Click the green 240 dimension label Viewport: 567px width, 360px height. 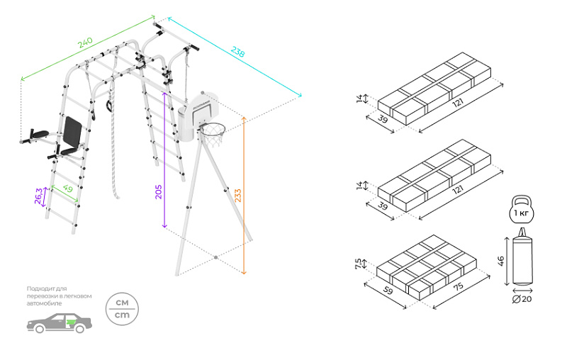pyautogui.click(x=85, y=43)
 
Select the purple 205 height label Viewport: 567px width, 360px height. pyautogui.click(x=159, y=191)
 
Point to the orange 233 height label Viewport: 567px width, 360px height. pyautogui.click(x=238, y=195)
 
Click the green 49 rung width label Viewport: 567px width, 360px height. pyautogui.click(x=68, y=189)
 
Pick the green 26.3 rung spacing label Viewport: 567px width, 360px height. pyautogui.click(x=39, y=195)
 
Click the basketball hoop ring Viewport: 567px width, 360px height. pyautogui.click(x=212, y=129)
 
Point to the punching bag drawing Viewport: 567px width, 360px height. pyautogui.click(x=522, y=260)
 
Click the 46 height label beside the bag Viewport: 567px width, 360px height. pyautogui.click(x=501, y=261)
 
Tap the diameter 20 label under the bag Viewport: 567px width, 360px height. pyautogui.click(x=522, y=299)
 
